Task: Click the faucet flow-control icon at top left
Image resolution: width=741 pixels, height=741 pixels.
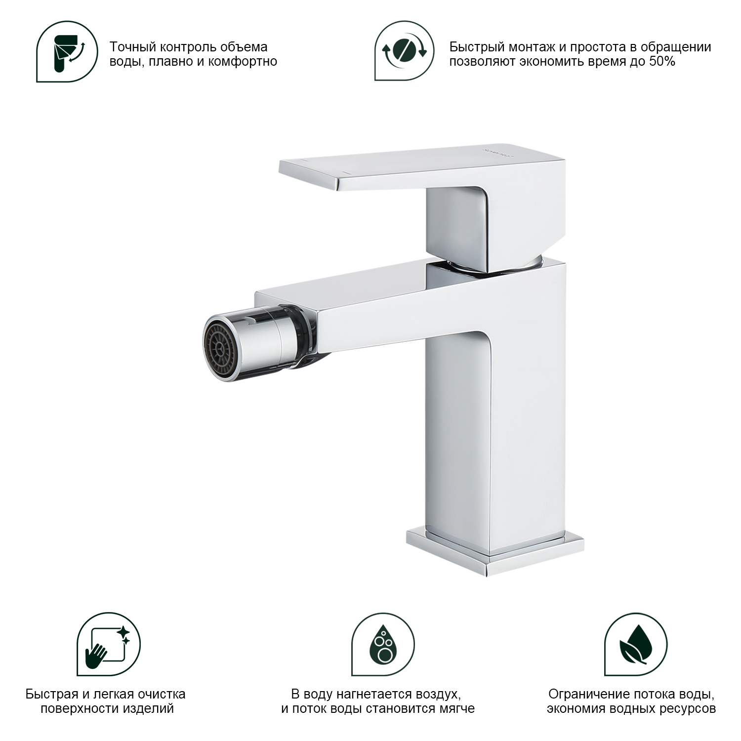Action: point(67,51)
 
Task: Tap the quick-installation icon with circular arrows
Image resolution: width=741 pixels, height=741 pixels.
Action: point(405,51)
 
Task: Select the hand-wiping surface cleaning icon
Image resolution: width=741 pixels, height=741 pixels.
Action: point(109,644)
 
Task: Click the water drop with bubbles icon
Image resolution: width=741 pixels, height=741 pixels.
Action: point(383,644)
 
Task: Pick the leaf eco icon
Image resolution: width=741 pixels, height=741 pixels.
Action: point(636,644)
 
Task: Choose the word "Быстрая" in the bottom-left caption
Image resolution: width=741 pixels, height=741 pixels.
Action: point(51,694)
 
